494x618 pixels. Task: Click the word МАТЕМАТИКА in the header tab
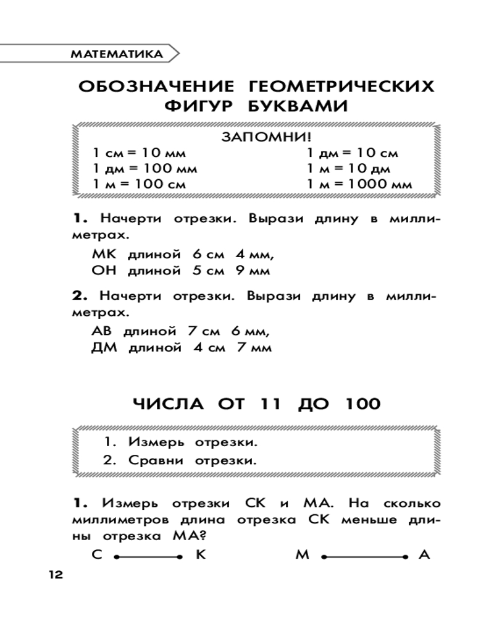pyautogui.click(x=117, y=54)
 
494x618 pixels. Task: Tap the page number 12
pyautogui.click(x=54, y=575)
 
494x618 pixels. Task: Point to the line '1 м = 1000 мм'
pyautogui.click(x=359, y=184)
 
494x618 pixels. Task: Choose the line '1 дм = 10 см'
pyautogui.click(x=353, y=153)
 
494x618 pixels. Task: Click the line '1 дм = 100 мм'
pyautogui.click(x=145, y=168)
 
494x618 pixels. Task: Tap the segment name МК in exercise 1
pyautogui.click(x=104, y=254)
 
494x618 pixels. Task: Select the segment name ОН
pyautogui.click(x=104, y=270)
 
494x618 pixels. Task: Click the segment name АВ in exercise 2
pyautogui.click(x=103, y=331)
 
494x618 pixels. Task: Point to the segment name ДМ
pyautogui.click(x=104, y=347)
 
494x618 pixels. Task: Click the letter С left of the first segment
pyautogui.click(x=96, y=555)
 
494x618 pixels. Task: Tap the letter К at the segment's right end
pyautogui.click(x=200, y=555)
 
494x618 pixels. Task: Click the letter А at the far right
pyautogui.click(x=424, y=555)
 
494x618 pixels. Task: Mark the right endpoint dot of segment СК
pyautogui.click(x=180, y=557)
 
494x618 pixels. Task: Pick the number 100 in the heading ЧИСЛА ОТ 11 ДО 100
pyautogui.click(x=358, y=404)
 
